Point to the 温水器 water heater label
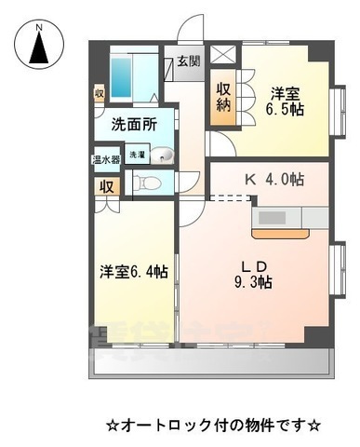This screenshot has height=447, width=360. (102, 158)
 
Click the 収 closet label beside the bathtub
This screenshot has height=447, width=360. (99, 94)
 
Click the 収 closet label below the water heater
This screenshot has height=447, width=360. (102, 183)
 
